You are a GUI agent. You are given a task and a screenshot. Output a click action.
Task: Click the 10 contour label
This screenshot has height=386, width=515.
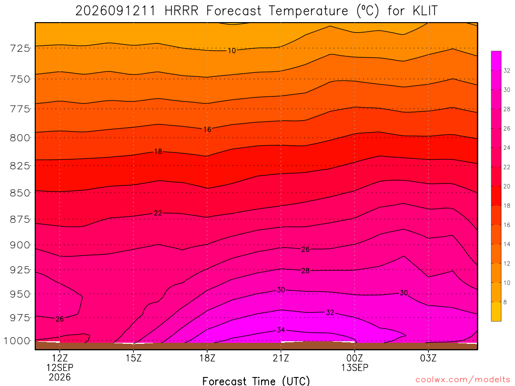[x=232, y=51]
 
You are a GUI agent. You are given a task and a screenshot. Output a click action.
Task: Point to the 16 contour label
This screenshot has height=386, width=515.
[x=207, y=129]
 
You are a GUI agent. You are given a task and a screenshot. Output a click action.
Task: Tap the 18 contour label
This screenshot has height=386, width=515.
[x=158, y=151]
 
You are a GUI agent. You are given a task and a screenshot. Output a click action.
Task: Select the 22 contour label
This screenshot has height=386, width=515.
[x=158, y=213]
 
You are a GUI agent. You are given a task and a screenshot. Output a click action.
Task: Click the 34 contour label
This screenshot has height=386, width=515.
[x=281, y=330]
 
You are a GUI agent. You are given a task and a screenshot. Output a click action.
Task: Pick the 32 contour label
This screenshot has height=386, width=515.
[x=330, y=313]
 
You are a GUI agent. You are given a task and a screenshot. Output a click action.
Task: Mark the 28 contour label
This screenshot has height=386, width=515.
[x=305, y=271]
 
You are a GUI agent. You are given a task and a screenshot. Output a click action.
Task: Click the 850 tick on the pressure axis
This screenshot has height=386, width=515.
[x=20, y=193]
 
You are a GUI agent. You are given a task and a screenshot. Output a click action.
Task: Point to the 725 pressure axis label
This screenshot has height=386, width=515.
[x=20, y=48]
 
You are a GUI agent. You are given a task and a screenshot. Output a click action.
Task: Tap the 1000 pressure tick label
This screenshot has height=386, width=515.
[x=17, y=341]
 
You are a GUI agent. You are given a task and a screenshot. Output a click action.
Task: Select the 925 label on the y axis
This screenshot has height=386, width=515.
[x=20, y=270]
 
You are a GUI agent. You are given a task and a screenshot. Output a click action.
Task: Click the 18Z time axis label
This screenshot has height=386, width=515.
[x=207, y=358]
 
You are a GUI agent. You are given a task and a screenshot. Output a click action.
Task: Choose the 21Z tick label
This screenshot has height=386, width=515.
[x=281, y=358]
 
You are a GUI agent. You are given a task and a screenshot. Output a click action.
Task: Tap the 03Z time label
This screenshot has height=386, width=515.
[x=428, y=358]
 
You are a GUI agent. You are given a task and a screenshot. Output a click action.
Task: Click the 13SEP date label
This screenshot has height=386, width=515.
[x=355, y=367]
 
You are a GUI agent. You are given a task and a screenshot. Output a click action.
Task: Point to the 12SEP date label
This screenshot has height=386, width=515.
[x=60, y=367]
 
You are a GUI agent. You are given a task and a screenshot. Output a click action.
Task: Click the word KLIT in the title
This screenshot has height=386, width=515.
[x=425, y=11]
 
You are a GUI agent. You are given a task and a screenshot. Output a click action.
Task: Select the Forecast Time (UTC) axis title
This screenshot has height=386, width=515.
[x=256, y=381]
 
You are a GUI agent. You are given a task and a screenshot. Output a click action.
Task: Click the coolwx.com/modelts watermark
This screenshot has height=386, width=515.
[x=463, y=379]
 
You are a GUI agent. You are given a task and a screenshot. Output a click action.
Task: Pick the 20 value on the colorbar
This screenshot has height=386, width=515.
[x=507, y=186]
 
